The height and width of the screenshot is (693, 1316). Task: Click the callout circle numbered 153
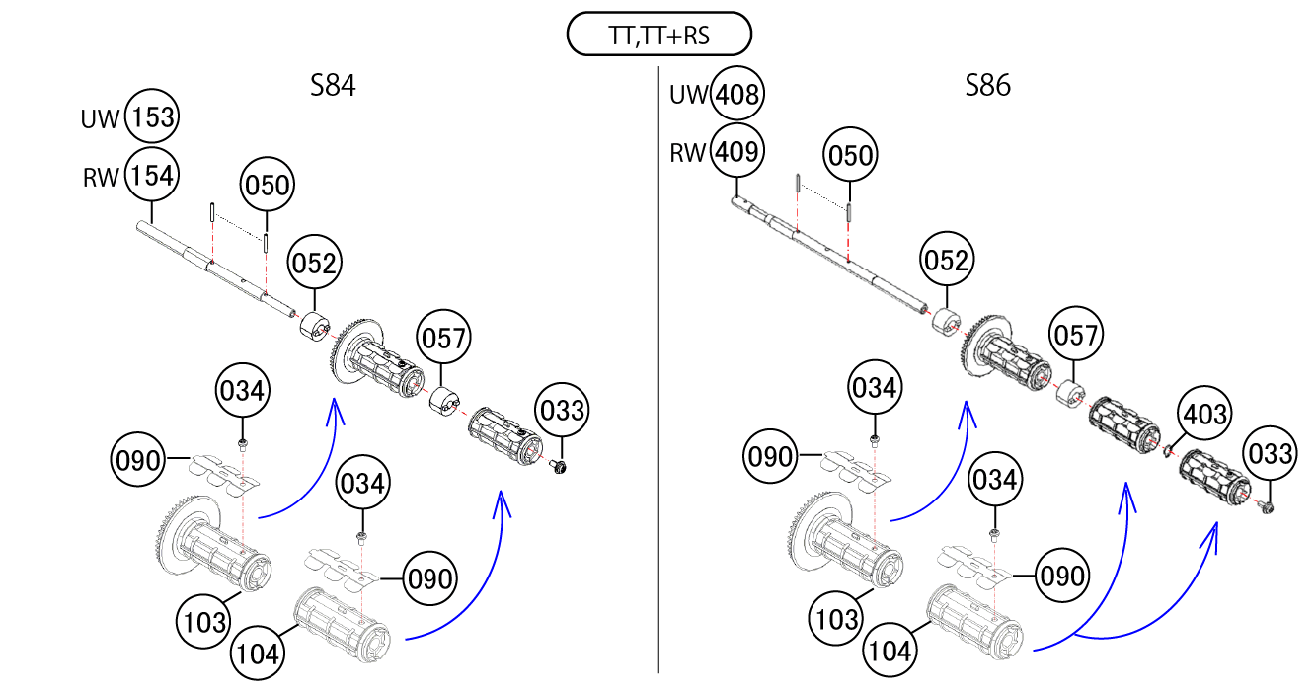tap(153, 118)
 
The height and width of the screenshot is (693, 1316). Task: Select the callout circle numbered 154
tap(153, 177)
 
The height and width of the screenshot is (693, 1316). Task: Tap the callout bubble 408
tap(738, 95)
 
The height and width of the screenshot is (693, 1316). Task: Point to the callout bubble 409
tap(738, 152)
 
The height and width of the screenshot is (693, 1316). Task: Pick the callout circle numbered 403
tap(1202, 415)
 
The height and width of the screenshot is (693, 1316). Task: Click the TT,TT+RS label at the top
tap(659, 38)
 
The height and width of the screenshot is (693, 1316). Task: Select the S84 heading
tap(333, 86)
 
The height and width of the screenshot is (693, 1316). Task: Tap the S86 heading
tap(987, 86)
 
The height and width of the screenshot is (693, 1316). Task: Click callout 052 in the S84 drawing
tap(314, 264)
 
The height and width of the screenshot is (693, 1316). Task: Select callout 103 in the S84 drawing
tap(204, 622)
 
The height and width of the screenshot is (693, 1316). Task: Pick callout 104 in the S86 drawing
tap(890, 651)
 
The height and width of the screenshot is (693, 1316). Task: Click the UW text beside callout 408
tap(689, 95)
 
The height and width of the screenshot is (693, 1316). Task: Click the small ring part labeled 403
tap(1167, 452)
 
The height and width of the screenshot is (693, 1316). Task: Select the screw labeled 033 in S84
tap(560, 465)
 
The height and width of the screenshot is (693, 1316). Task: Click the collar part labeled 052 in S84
tap(314, 325)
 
